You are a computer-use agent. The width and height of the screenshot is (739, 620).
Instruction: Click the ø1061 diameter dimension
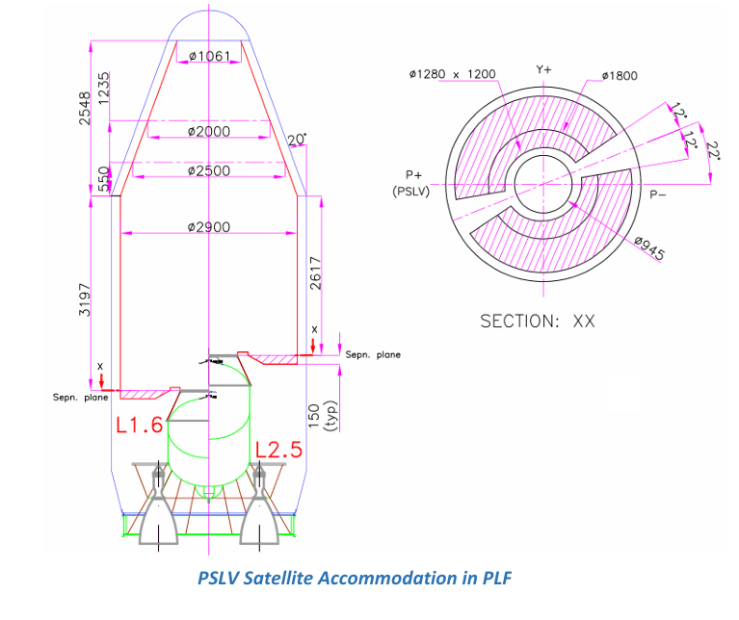coord(209,56)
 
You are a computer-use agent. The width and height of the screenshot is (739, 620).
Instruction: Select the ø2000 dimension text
coord(209,131)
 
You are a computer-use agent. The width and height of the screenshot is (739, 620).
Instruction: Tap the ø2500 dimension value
coord(209,171)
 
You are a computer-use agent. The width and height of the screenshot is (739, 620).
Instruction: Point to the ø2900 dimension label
coord(209,227)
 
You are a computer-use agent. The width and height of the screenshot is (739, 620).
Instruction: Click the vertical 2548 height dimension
coord(85,108)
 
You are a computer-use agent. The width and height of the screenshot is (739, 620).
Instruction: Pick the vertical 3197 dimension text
coord(85,299)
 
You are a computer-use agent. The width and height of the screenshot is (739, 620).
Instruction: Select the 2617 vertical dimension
coord(316,273)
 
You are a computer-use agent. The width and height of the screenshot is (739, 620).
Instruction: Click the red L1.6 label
coord(140,426)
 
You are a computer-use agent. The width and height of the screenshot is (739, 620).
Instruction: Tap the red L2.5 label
coord(279,450)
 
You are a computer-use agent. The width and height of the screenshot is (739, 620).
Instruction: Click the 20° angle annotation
coord(295,141)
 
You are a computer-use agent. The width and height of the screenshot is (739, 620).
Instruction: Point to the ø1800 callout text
coord(619,75)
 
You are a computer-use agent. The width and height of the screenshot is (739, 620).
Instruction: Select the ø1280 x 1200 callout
coord(452,74)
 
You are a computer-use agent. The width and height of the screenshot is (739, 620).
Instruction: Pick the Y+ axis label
coord(543,70)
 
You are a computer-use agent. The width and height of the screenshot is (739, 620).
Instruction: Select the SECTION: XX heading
coord(538,321)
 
